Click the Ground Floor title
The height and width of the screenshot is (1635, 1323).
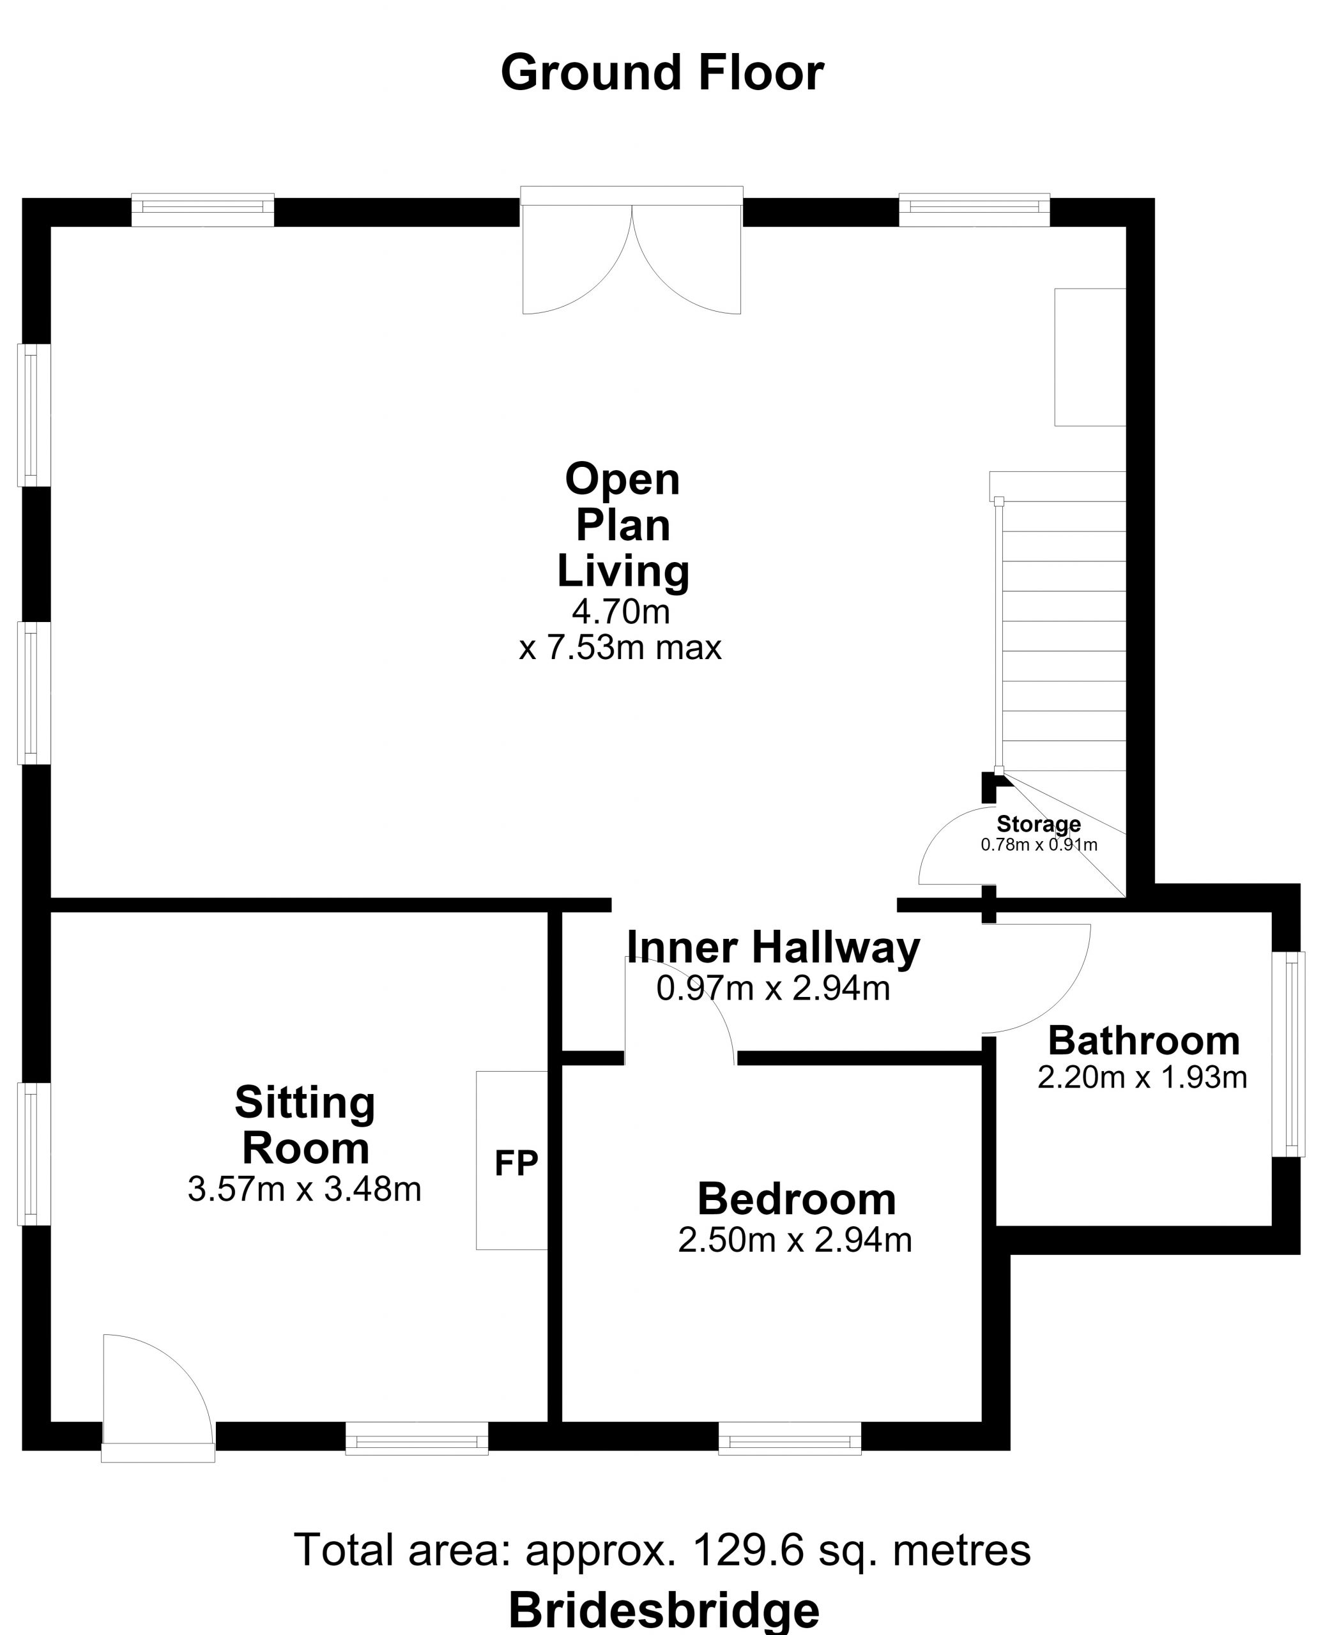(x=662, y=73)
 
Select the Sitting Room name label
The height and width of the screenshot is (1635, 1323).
(x=305, y=1125)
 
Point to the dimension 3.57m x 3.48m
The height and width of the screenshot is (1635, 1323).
(x=304, y=1189)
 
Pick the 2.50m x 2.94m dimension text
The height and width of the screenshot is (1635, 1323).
(x=795, y=1240)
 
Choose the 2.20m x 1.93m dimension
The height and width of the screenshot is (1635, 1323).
(x=1142, y=1077)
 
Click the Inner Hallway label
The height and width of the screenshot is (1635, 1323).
(x=773, y=948)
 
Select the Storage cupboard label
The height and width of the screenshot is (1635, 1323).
(x=1038, y=824)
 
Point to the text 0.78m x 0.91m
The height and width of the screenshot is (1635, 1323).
(x=1039, y=844)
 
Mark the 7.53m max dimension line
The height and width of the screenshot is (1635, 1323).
(x=620, y=648)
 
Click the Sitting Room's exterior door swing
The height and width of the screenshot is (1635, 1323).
(x=158, y=1397)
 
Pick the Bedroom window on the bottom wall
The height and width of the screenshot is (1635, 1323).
(x=790, y=1438)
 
